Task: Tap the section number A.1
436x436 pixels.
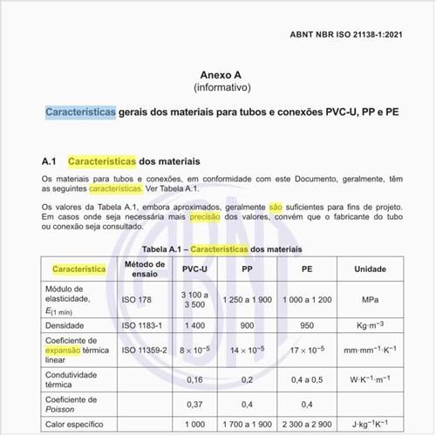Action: pyautogui.click(x=49, y=162)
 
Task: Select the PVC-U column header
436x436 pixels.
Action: pyautogui.click(x=195, y=269)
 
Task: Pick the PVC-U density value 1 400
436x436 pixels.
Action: pyautogui.click(x=195, y=323)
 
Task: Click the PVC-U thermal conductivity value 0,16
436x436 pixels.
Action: pyautogui.click(x=195, y=379)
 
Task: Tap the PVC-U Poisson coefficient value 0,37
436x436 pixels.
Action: pyautogui.click(x=195, y=404)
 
